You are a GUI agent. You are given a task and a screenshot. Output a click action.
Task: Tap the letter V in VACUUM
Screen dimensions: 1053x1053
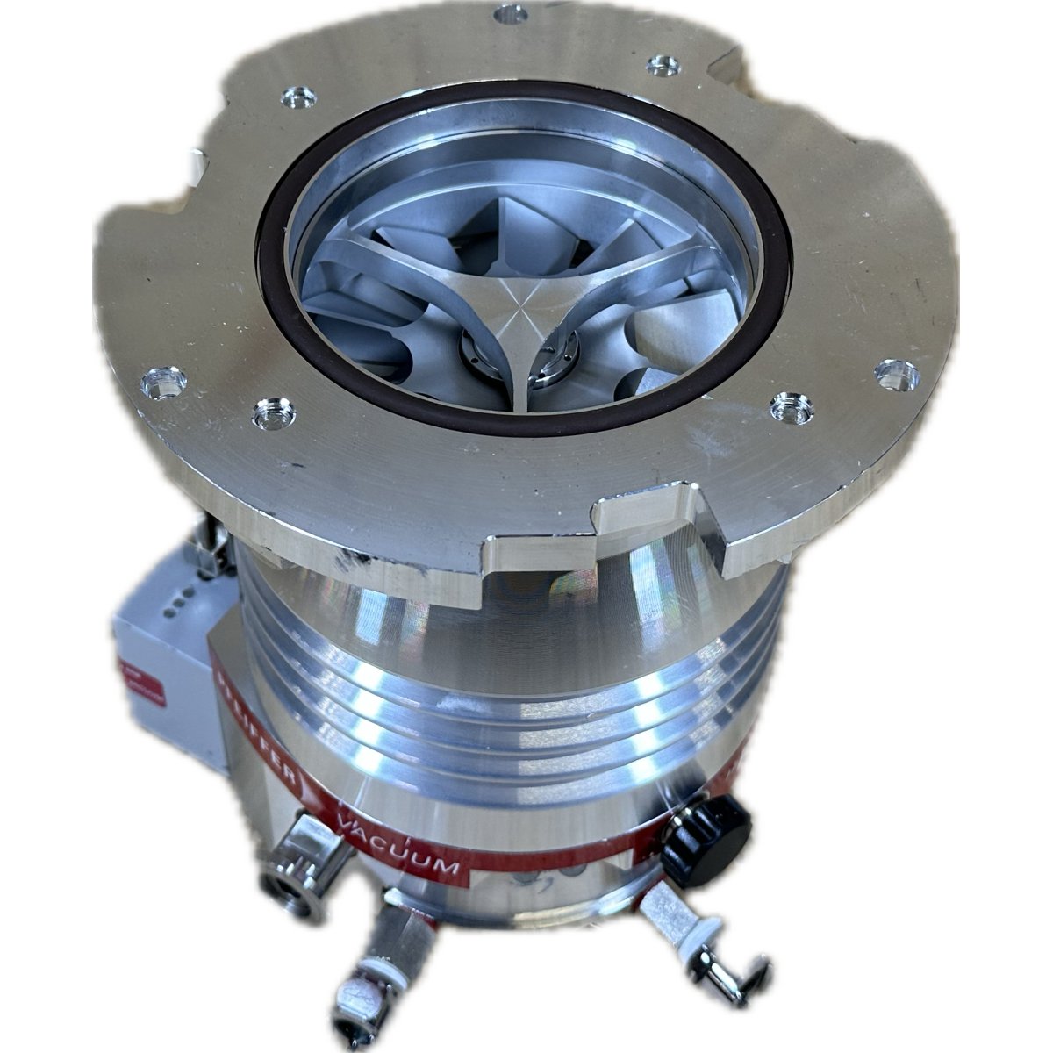(348, 823)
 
